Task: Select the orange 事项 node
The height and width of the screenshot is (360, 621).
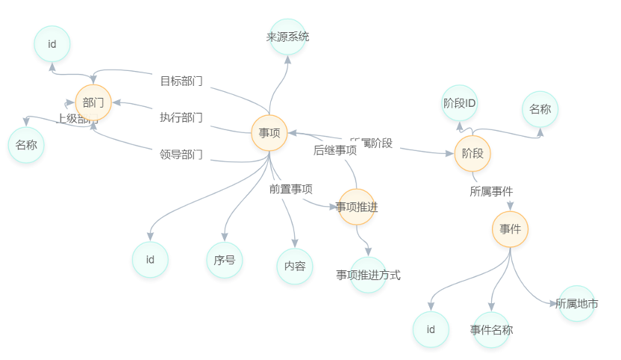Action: tap(269, 133)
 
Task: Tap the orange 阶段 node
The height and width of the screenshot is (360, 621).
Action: tap(472, 154)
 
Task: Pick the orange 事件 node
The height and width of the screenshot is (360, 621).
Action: tap(510, 229)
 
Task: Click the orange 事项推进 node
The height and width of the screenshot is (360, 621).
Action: tap(357, 208)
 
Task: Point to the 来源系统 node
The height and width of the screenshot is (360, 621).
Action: tap(288, 37)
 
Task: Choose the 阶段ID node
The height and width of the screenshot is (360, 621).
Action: tap(460, 104)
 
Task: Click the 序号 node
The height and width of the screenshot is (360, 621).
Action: tap(225, 260)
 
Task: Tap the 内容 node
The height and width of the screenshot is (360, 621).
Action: tap(295, 266)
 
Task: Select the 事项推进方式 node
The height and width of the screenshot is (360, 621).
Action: tap(368, 275)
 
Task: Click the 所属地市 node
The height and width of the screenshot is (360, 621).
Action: tap(577, 304)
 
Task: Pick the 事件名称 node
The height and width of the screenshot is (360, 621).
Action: tap(492, 329)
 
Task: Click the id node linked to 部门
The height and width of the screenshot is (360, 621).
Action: tap(52, 44)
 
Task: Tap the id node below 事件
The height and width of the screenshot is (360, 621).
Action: tap(431, 329)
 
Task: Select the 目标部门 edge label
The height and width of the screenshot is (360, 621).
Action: tap(181, 81)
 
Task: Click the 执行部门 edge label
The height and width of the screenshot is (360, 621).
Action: tap(181, 117)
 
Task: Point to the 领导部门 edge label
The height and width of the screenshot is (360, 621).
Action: tap(181, 155)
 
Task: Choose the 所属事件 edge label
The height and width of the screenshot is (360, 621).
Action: tap(491, 191)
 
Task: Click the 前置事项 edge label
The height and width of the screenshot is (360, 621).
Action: tap(291, 189)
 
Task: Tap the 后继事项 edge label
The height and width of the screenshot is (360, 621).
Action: tap(335, 150)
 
